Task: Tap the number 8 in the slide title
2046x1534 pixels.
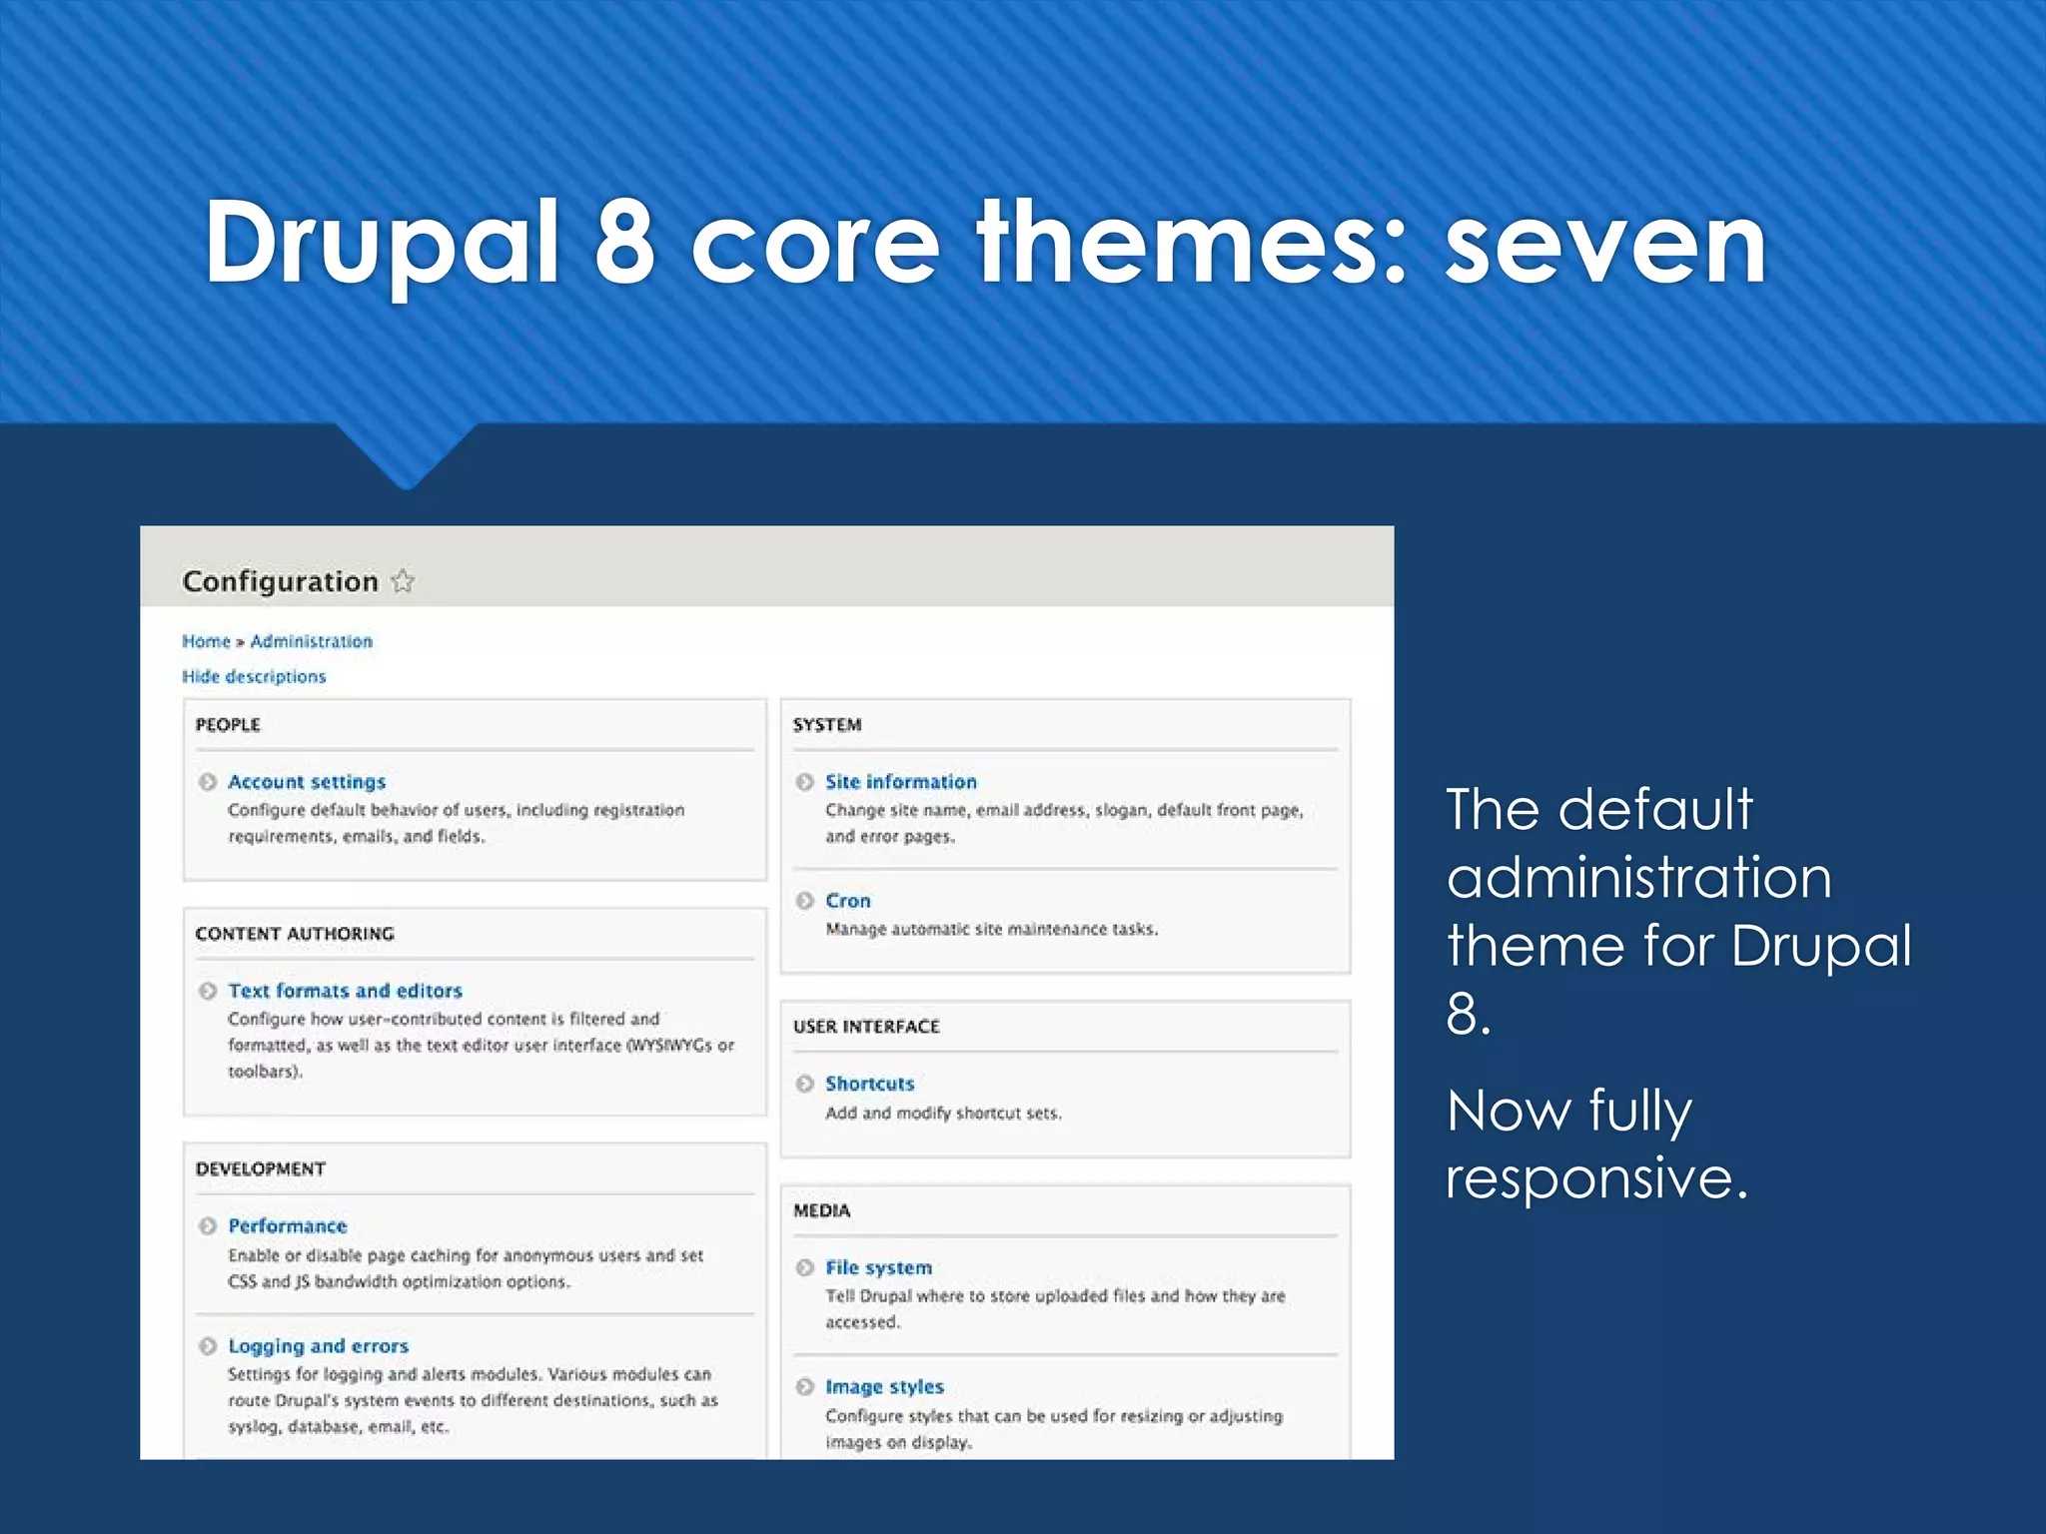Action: pos(624,243)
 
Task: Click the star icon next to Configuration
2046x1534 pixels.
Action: pos(403,581)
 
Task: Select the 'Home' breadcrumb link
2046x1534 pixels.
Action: pos(206,641)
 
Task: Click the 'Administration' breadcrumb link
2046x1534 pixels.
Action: pos(311,641)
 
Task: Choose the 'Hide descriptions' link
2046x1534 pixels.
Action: pos(254,676)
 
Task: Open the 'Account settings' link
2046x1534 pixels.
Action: pos(307,782)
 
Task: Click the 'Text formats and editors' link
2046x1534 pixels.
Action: pos(345,991)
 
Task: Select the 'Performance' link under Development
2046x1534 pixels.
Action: pos(288,1225)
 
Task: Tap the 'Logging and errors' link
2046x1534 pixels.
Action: pos(318,1346)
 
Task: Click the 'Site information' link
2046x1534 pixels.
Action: pos(900,782)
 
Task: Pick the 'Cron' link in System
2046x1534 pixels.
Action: pos(847,901)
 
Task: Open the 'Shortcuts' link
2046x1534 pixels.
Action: pos(869,1084)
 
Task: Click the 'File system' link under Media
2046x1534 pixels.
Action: pos(878,1267)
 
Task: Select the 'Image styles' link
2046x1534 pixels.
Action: pos(884,1387)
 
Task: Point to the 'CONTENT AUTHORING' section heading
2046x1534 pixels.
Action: pos(295,934)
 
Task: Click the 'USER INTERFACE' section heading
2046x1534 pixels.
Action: pos(866,1027)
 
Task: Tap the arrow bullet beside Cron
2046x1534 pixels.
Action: pos(805,901)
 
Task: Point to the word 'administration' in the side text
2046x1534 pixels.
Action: pos(1638,879)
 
